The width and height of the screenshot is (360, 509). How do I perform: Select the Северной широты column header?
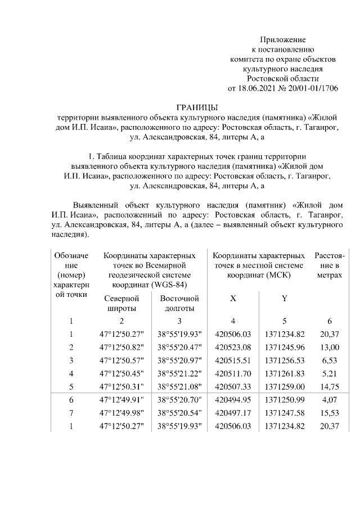[121, 303]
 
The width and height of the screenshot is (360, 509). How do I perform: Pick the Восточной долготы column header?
[180, 303]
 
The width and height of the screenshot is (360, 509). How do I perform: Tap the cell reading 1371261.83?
[285, 373]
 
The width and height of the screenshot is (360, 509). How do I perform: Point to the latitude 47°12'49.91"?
[121, 400]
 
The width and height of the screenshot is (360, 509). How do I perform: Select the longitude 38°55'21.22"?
[180, 373]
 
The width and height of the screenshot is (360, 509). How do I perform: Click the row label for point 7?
[71, 413]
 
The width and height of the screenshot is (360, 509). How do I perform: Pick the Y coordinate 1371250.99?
[285, 400]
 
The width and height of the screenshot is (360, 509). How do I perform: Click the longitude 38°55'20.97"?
[180, 361]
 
